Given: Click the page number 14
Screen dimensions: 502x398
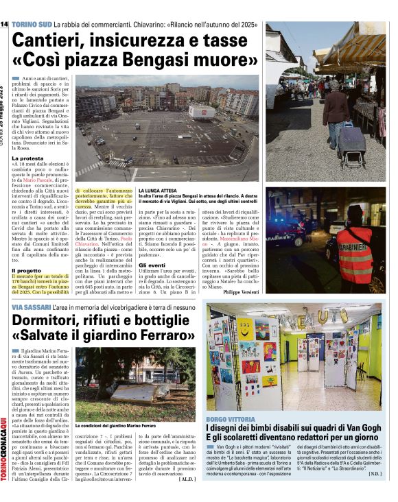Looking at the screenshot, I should tap(4, 25).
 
